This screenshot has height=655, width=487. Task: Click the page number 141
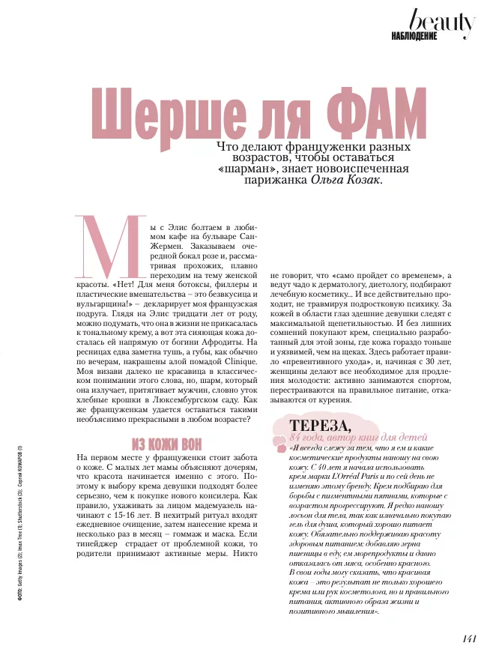(469, 639)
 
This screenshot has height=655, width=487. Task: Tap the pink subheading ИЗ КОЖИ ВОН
(168, 443)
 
